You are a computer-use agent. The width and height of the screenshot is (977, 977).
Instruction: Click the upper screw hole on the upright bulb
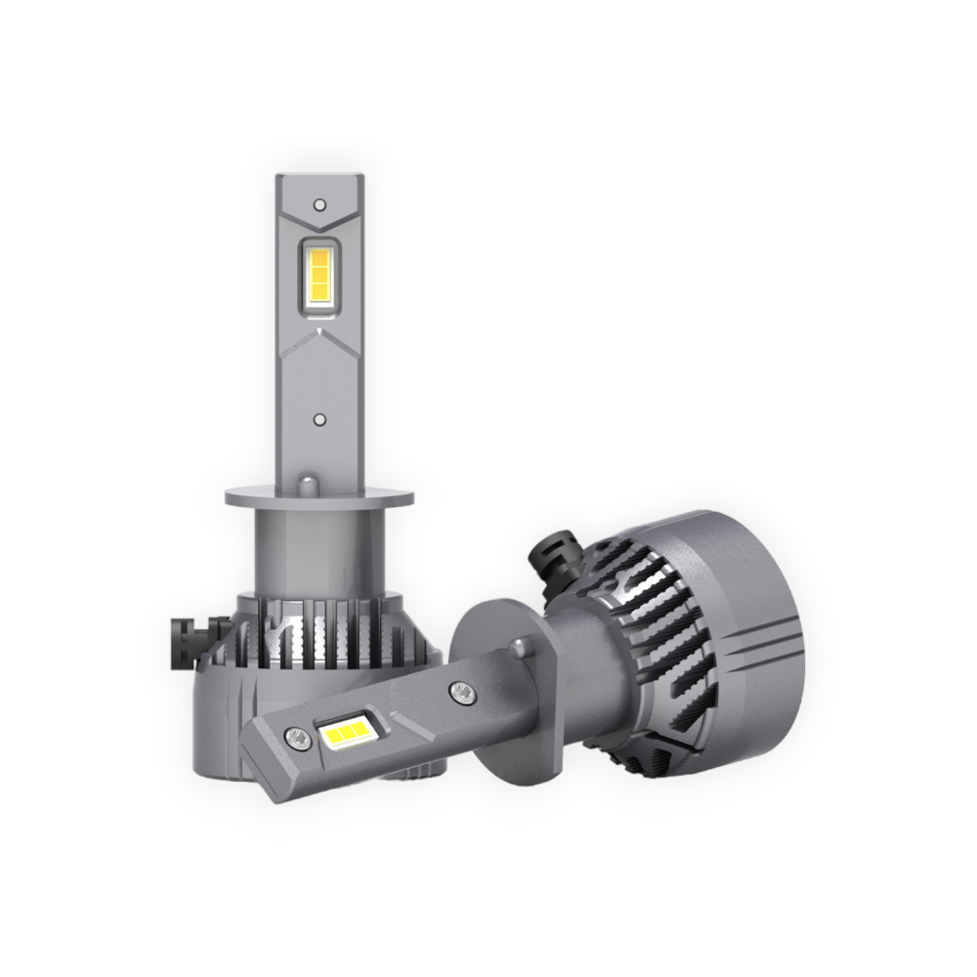319,204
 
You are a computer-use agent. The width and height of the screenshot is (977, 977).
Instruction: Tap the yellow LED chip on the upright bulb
319,276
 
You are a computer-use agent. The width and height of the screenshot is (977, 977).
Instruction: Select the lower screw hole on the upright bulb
319,418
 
